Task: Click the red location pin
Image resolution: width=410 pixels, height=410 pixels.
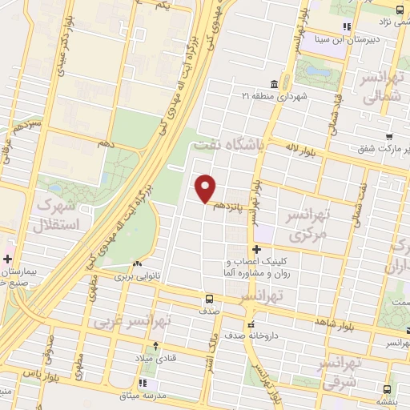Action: pos(206,187)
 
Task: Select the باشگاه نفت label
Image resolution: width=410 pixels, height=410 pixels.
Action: pos(227,145)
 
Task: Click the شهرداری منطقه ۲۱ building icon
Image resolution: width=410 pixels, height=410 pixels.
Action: pos(274,84)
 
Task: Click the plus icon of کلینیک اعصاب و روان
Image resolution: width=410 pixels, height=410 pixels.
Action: pos(256,250)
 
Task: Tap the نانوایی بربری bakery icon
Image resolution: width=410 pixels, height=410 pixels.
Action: pos(138,263)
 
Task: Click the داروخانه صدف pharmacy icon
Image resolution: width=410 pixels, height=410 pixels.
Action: pos(251,325)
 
